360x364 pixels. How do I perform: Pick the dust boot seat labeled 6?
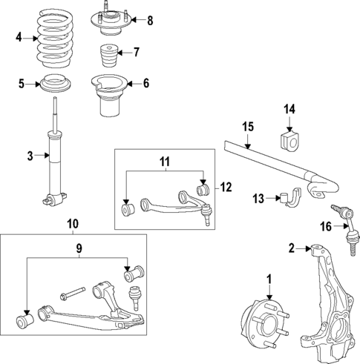tap(111, 98)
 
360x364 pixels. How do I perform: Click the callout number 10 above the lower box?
tap(72, 223)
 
